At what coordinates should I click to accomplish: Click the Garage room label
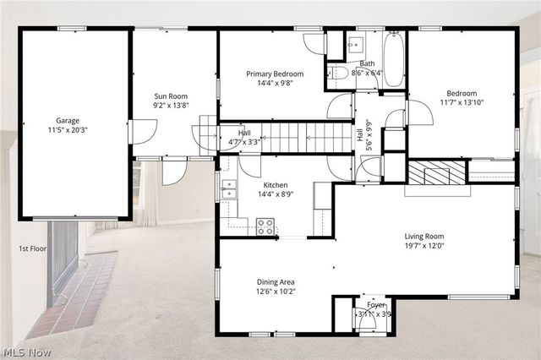(68, 121)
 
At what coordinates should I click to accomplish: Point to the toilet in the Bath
(338, 74)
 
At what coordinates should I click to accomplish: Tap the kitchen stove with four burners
(265, 226)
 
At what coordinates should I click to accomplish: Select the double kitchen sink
(229, 190)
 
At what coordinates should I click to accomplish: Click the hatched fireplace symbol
(436, 172)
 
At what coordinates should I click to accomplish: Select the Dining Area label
(276, 282)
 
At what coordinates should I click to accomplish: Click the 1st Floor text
(32, 249)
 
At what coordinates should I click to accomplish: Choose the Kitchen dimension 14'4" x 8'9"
(276, 195)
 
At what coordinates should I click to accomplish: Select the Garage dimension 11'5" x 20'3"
(68, 131)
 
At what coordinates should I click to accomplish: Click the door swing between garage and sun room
(144, 132)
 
